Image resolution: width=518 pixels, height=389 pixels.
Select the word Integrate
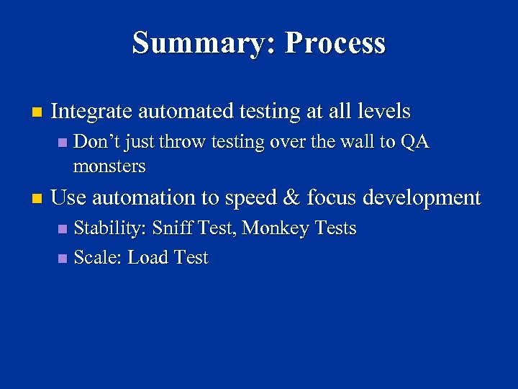pos(91,112)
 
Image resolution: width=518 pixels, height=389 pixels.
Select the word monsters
pos(109,166)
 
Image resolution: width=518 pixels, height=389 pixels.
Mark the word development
pos(423,198)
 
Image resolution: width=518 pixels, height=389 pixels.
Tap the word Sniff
pos(173,228)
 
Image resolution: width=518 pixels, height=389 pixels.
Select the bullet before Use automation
pos(37,198)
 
